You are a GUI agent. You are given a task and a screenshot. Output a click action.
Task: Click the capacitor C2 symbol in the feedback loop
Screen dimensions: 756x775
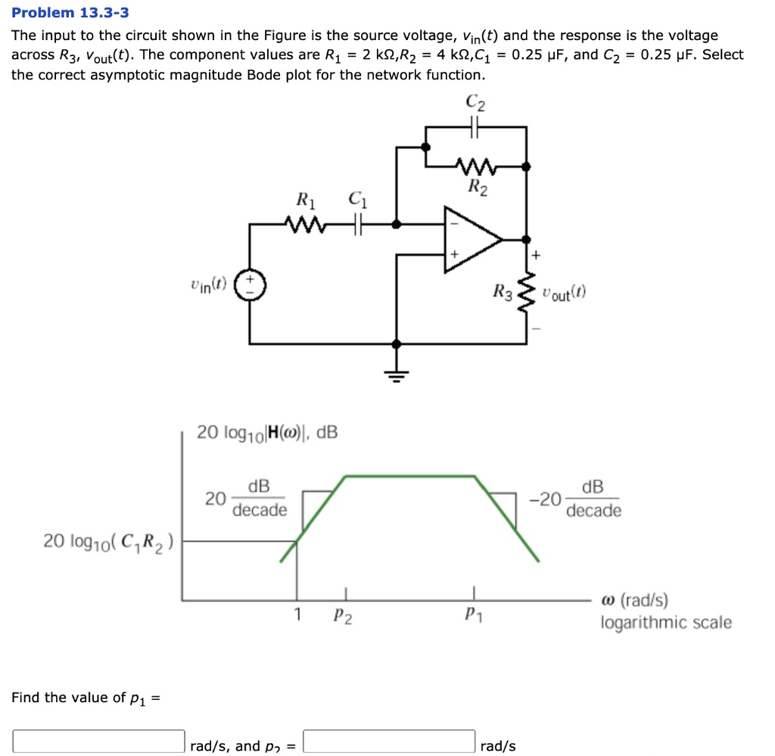(x=475, y=128)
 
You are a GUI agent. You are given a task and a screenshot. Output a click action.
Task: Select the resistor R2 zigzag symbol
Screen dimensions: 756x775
(x=476, y=165)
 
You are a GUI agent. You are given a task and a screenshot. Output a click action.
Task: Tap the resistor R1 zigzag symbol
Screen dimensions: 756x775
(x=305, y=223)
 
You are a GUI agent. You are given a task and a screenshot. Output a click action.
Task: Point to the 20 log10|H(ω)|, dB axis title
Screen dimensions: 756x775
(x=267, y=433)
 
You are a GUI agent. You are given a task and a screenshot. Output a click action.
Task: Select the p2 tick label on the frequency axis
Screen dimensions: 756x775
(x=342, y=617)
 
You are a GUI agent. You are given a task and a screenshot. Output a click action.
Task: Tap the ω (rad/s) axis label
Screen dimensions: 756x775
(x=634, y=601)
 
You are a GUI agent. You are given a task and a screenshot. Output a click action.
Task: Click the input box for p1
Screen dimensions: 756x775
(x=98, y=741)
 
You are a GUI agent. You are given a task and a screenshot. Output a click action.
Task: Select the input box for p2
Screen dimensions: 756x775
(x=389, y=741)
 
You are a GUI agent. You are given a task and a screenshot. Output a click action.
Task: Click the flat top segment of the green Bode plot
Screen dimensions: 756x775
(x=410, y=476)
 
